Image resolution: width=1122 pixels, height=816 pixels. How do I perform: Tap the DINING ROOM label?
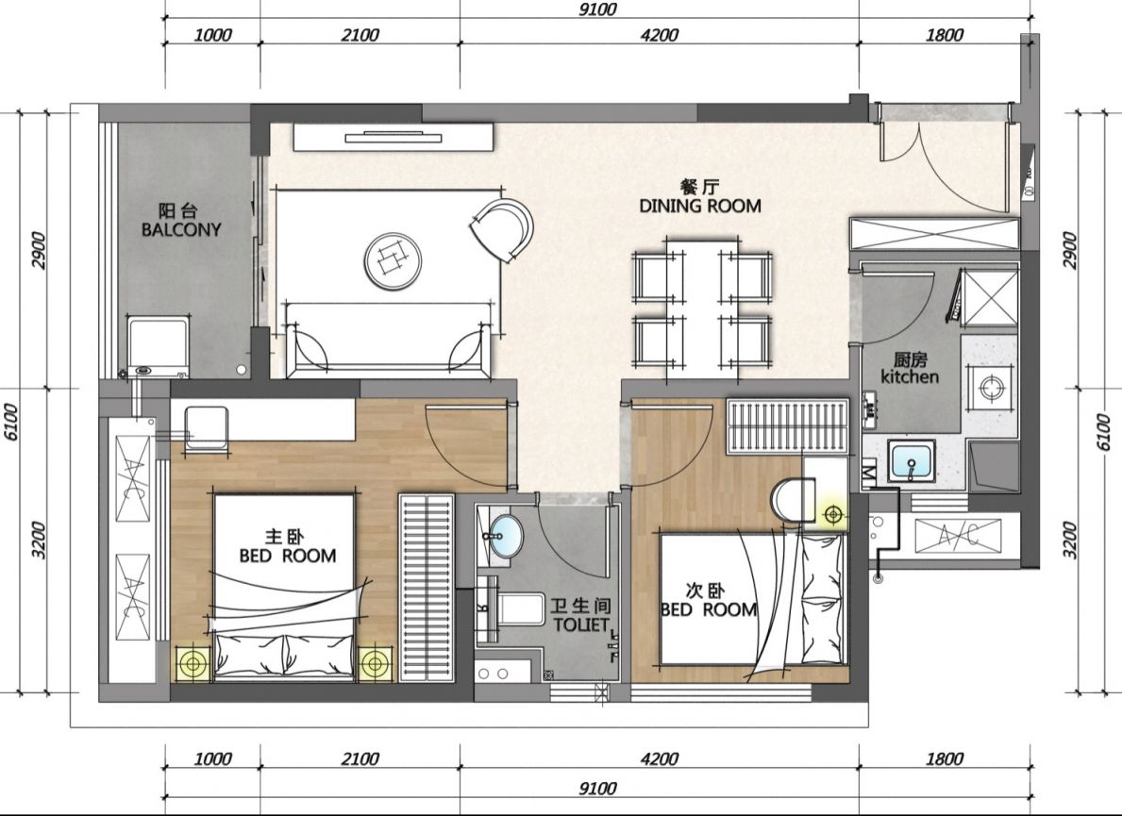[700, 206]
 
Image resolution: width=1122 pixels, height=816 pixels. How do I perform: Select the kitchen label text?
[910, 377]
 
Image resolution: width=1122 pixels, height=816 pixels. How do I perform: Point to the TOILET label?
[581, 624]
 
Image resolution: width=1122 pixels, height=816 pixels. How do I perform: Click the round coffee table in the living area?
[393, 260]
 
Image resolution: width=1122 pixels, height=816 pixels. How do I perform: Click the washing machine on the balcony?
[159, 346]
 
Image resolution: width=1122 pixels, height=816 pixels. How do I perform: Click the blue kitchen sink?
[912, 461]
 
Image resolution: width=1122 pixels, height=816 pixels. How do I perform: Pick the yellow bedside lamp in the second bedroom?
[831, 513]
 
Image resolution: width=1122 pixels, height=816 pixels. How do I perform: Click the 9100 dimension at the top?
[596, 9]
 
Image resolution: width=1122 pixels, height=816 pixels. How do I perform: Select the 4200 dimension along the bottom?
[659, 758]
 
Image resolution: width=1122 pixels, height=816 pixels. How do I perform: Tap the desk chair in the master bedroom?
[207, 428]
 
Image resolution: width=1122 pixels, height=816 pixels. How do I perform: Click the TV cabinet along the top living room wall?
[393, 138]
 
